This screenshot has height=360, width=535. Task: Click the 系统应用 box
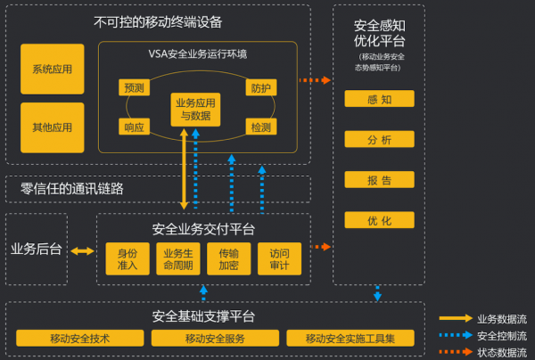click(x=52, y=69)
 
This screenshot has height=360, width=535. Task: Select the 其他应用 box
click(x=52, y=127)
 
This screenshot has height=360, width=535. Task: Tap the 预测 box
click(x=134, y=87)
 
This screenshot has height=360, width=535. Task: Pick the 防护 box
click(x=261, y=87)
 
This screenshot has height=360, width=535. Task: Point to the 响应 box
click(x=134, y=127)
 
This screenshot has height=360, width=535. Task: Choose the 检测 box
click(x=261, y=127)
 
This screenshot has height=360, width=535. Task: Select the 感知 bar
click(x=380, y=100)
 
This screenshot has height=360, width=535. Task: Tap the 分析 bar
click(x=380, y=140)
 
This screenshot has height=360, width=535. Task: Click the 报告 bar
click(x=380, y=180)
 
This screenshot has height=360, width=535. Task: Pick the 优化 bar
click(x=380, y=220)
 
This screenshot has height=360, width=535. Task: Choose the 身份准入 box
click(x=128, y=258)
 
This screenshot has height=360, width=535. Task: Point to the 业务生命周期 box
click(x=178, y=258)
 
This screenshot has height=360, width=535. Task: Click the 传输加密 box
click(x=228, y=258)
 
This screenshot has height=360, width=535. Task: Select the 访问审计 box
click(x=279, y=258)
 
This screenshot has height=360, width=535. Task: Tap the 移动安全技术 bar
click(x=80, y=339)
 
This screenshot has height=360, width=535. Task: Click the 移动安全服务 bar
click(x=215, y=339)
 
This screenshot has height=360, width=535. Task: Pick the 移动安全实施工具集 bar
click(x=350, y=339)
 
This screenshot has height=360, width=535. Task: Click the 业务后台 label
click(x=36, y=250)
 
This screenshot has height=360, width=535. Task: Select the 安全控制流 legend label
click(x=502, y=335)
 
